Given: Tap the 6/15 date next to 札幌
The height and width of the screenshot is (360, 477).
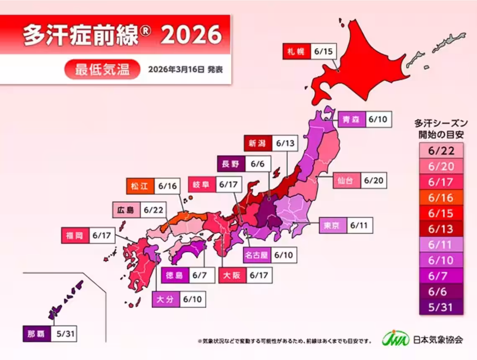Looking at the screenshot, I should coord(323,52).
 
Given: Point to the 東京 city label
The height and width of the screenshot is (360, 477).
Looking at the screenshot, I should coord(332,226).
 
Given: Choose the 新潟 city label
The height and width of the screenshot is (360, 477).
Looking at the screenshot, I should coord(257,144).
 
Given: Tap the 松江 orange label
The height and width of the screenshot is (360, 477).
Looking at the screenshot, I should coord(140,187).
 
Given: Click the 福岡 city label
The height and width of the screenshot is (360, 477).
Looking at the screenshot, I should coord(74,236).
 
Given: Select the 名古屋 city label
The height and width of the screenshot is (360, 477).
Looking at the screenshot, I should coord(256,255).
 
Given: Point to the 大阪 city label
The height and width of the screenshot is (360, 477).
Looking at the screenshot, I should coord(232,275).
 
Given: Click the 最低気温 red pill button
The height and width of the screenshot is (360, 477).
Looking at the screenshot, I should coord(103,69).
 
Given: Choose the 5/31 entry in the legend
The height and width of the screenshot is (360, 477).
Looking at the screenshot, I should coord(441,306).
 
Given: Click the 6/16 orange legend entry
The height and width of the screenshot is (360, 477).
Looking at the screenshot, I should coord(441,197).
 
